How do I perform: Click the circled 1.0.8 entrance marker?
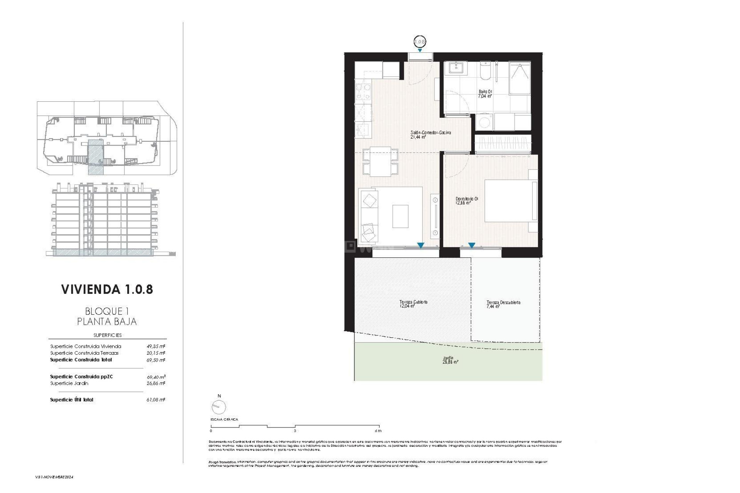[419, 42]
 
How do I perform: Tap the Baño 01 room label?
[485, 94]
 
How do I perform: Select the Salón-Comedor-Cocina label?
[430, 134]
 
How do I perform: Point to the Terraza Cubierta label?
[413, 304]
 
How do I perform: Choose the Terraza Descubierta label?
[503, 304]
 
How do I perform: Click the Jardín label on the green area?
[450, 360]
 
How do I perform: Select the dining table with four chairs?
[380, 161]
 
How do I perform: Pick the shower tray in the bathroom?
[520, 78]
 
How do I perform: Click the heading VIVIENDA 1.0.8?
[107, 290]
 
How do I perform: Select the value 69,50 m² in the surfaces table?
[156, 360]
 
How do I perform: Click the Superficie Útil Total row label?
[72, 400]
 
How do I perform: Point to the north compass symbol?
[219, 407]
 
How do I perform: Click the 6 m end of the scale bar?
[378, 431]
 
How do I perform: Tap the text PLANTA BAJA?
[107, 321]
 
